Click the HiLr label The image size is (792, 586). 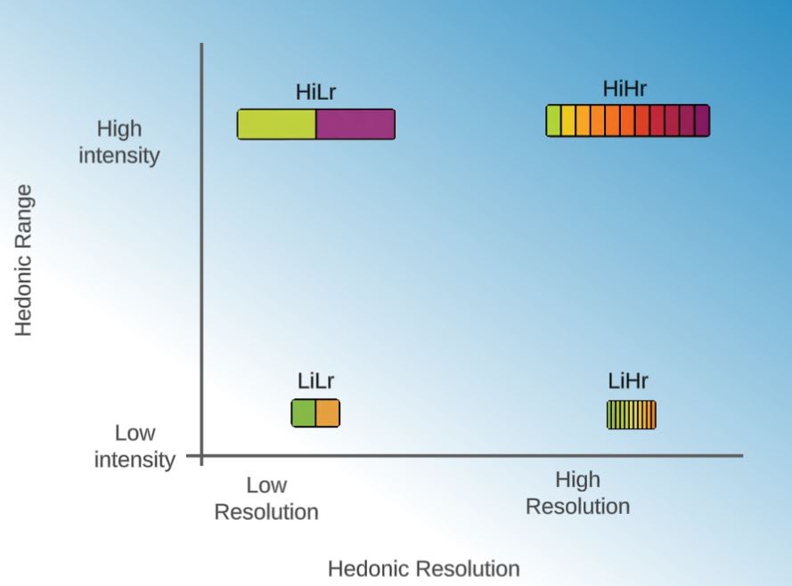pyautogui.click(x=315, y=93)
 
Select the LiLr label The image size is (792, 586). pyautogui.click(x=315, y=382)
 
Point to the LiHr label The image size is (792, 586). pyautogui.click(x=629, y=382)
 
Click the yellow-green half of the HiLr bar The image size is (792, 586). pyautogui.click(x=276, y=125)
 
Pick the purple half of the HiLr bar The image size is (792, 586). pyautogui.click(x=355, y=125)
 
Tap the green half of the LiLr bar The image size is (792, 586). pyautogui.click(x=304, y=413)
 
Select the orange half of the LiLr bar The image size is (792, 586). pyautogui.click(x=328, y=413)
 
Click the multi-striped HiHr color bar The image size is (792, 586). pyautogui.click(x=628, y=120)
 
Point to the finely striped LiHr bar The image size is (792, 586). pyautogui.click(x=632, y=415)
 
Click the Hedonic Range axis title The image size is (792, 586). pyautogui.click(x=24, y=259)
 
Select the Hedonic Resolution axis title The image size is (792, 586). pyautogui.click(x=423, y=568)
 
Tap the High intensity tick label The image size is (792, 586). pyautogui.click(x=119, y=142)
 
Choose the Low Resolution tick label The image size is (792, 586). pyautogui.click(x=266, y=499)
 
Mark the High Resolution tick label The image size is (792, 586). pyautogui.click(x=577, y=493)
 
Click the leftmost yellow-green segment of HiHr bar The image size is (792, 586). pyautogui.click(x=553, y=120)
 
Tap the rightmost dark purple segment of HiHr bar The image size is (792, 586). pyautogui.click(x=702, y=120)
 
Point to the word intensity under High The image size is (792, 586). pyautogui.click(x=119, y=156)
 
